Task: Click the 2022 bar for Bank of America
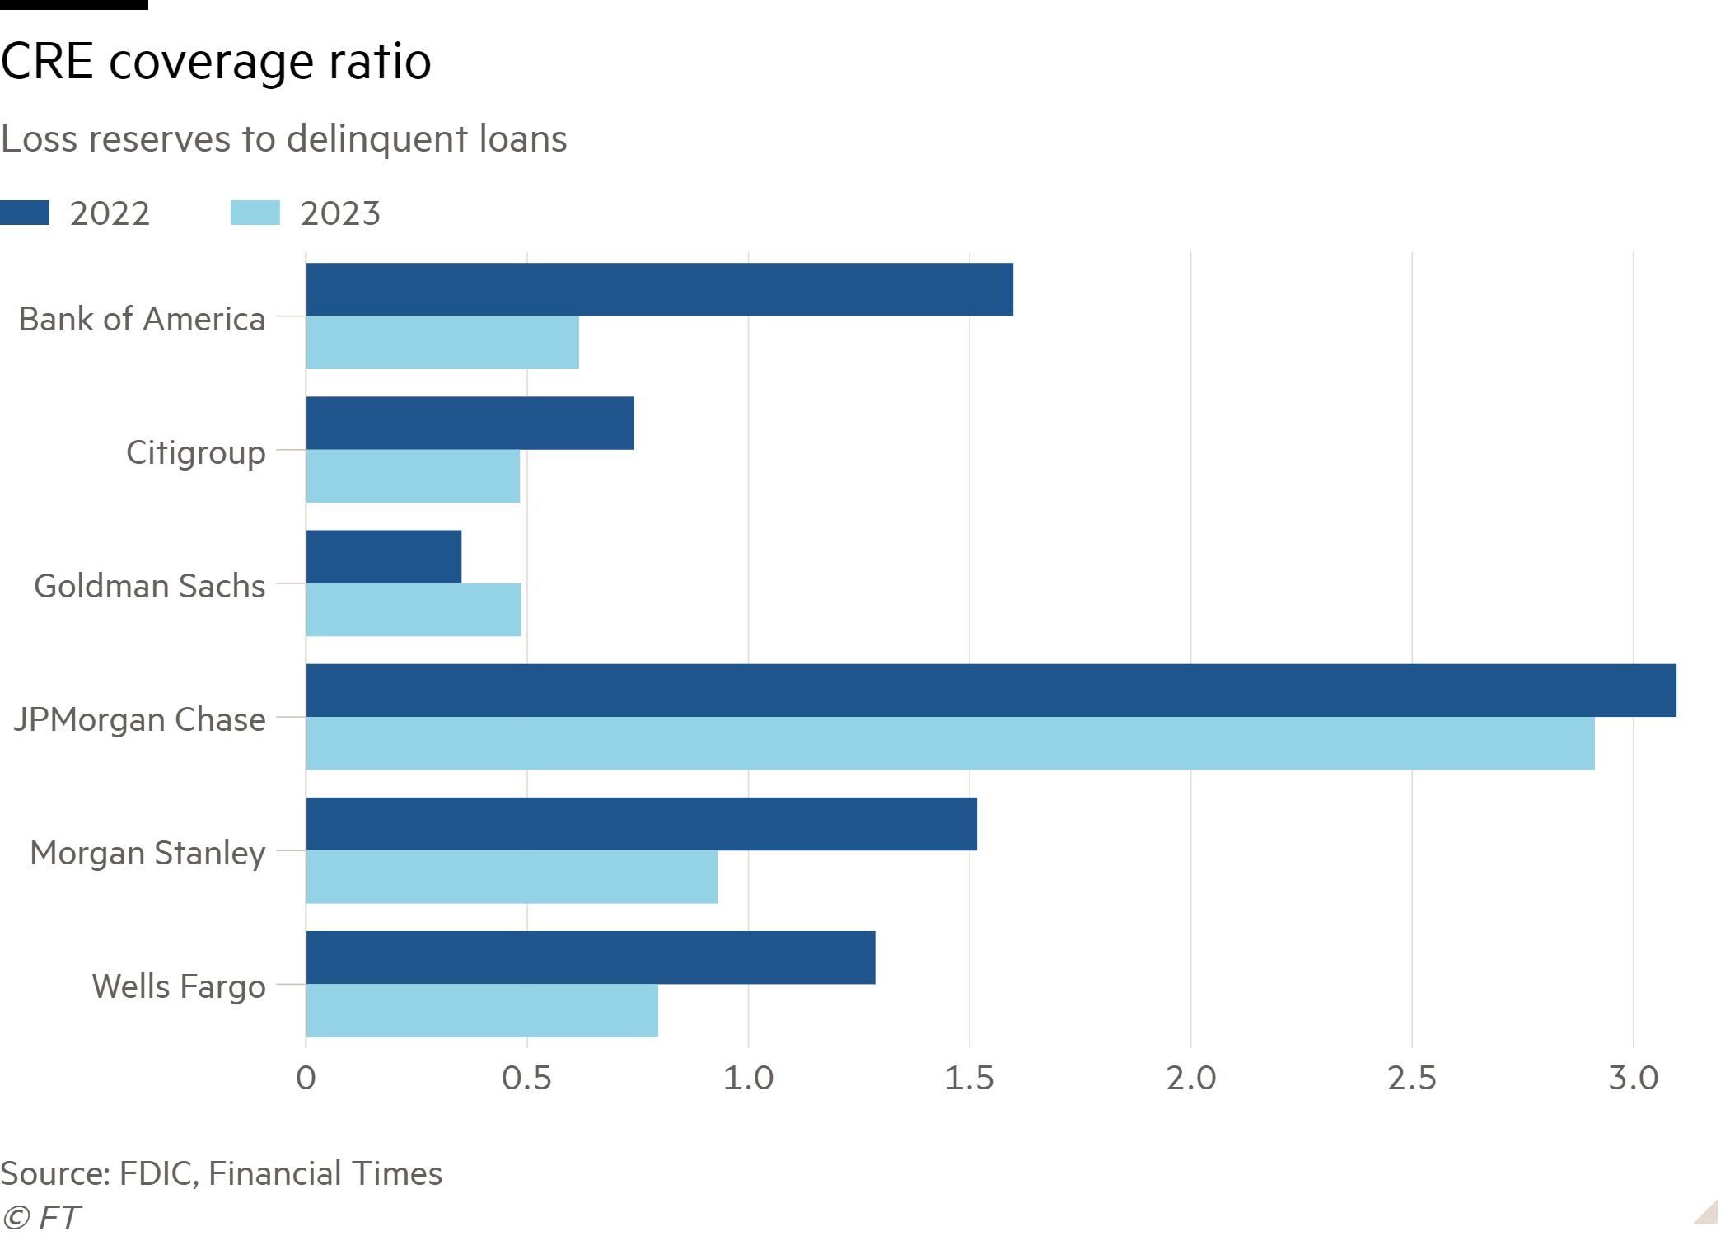point(659,289)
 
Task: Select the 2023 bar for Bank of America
point(442,343)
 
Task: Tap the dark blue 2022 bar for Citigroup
point(470,423)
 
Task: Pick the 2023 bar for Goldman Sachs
point(414,610)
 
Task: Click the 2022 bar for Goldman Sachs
point(384,556)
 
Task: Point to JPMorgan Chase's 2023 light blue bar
point(950,743)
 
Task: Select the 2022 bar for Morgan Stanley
point(642,823)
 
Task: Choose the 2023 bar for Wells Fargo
point(482,1010)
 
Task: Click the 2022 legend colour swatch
point(25,213)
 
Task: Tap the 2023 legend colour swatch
point(255,213)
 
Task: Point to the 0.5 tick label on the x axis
point(526,1079)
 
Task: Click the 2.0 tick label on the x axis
point(1190,1079)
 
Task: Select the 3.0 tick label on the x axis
point(1633,1079)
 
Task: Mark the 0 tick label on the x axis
point(306,1079)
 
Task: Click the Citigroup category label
point(195,452)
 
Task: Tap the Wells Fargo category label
point(179,986)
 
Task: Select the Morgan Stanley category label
point(147,853)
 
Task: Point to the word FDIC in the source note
point(157,1173)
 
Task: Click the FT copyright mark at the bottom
point(41,1218)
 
